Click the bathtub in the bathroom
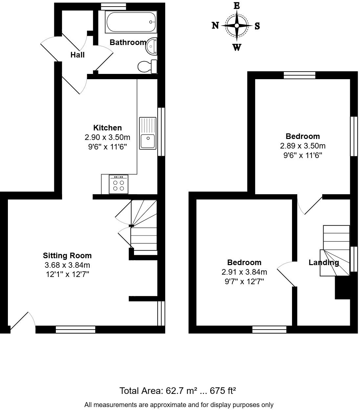tap(131, 22)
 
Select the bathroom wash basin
tap(151, 46)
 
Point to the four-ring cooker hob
tap(119, 185)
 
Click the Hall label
tap(78, 55)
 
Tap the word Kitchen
tap(107, 128)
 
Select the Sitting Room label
tap(67, 256)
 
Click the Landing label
tap(324, 262)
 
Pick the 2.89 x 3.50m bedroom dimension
tap(303, 146)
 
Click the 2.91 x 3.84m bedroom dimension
tap(244, 272)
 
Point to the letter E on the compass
tap(237, 6)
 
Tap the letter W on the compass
tap(237, 48)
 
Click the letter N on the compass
tap(215, 25)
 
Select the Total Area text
tap(178, 391)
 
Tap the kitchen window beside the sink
tap(161, 131)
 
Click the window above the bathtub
tap(114, 6)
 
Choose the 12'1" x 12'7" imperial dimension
tap(67, 274)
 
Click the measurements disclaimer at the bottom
tap(179, 405)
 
